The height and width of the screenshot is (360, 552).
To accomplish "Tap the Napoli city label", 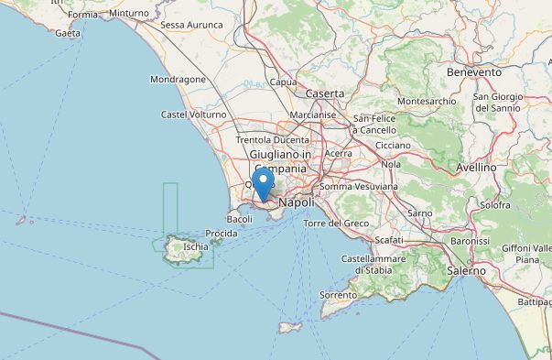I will click(x=296, y=202).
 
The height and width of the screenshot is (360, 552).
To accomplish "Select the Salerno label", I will click(x=467, y=271).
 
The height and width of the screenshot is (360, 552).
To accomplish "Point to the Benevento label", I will click(x=473, y=71).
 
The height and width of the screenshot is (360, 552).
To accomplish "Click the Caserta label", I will click(x=325, y=93).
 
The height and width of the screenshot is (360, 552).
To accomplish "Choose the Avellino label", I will click(x=476, y=168).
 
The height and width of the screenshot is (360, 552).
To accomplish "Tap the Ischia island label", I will click(x=195, y=246).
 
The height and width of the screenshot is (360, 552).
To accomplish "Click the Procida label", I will click(x=222, y=234).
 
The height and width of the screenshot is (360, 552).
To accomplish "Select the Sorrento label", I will click(x=338, y=295).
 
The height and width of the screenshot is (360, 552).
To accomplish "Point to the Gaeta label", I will click(x=68, y=33).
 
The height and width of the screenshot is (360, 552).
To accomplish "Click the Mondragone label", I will click(x=178, y=80).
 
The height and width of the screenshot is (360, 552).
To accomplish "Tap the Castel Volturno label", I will click(x=193, y=115).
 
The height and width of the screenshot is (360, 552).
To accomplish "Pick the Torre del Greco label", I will click(x=336, y=224).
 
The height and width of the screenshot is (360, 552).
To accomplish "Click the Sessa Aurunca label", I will click(x=191, y=25).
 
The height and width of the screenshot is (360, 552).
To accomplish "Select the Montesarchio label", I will click(x=428, y=101).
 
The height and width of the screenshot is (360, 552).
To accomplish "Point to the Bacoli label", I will click(x=239, y=220).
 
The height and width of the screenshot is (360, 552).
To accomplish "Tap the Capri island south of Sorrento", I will click(x=290, y=327).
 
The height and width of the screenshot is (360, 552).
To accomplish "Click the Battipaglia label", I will click(x=534, y=301).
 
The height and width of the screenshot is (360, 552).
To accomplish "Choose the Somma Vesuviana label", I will click(x=359, y=187).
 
